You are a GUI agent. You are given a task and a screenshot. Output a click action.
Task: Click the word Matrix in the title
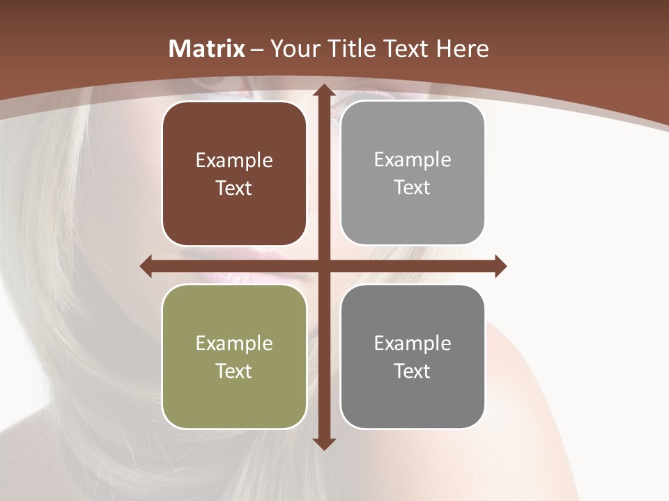coord(207,49)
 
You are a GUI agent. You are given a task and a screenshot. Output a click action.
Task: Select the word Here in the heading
coord(462,49)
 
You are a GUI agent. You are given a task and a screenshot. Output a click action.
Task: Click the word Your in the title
coord(292,49)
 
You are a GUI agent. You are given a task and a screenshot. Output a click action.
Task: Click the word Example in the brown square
coord(234,161)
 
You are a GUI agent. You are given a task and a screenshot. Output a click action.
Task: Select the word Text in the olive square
coord(234,371)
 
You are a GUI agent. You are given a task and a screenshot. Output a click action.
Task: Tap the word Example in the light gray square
coord(413,160)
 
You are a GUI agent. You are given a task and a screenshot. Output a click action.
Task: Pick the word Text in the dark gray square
coord(413,371)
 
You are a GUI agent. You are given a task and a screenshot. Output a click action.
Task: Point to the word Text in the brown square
coord(234,188)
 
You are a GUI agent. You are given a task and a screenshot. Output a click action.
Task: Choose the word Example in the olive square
coord(234,343)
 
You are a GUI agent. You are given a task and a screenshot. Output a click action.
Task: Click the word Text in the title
coord(403,49)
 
